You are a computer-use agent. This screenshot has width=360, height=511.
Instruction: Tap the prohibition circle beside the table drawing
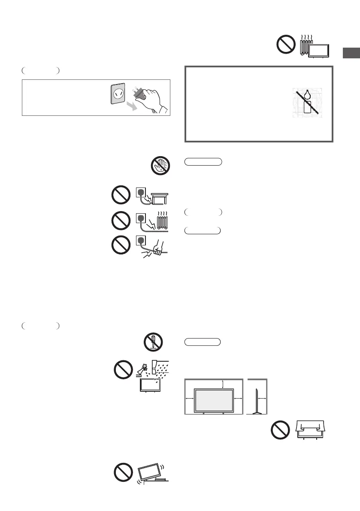pyautogui.click(x=121, y=195)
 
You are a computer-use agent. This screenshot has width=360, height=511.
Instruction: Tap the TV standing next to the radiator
pyautogui.click(x=320, y=51)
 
